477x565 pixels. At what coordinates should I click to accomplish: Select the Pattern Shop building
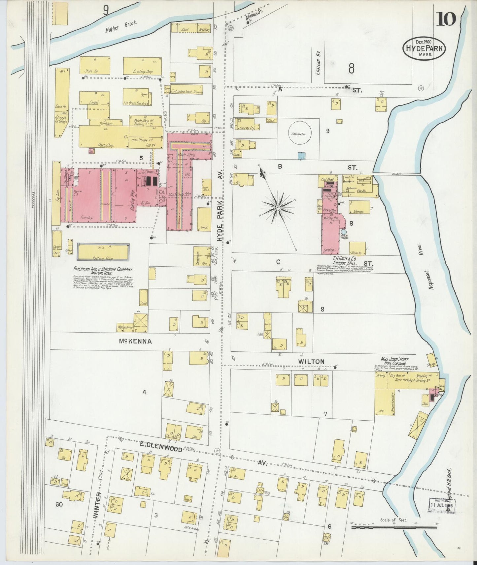pyautogui.click(x=103, y=252)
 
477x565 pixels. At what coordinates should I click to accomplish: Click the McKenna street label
pyautogui.click(x=135, y=342)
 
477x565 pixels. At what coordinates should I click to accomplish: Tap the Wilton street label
pyautogui.click(x=311, y=361)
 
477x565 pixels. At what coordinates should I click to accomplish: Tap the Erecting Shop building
pyautogui.click(x=143, y=66)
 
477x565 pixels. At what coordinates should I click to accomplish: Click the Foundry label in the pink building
pyautogui.click(x=88, y=218)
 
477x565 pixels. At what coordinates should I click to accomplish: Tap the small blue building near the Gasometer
pyautogui.click(x=301, y=156)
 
